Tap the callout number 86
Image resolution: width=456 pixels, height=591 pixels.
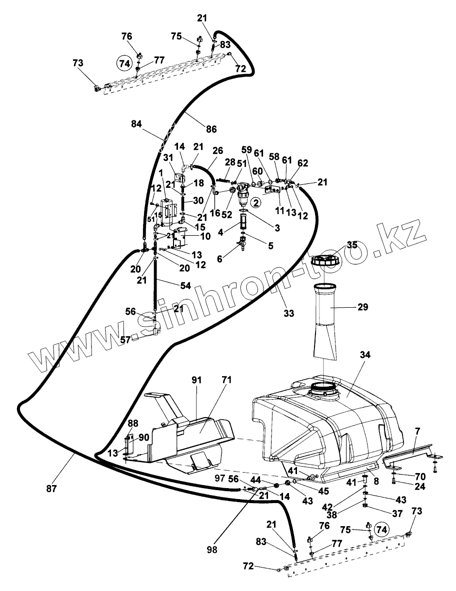point(211,129)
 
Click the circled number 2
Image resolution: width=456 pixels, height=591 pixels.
point(255,202)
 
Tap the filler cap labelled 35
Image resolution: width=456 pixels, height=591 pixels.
point(325,260)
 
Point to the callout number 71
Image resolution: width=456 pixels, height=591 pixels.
point(226,381)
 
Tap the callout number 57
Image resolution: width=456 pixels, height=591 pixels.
point(125,339)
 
